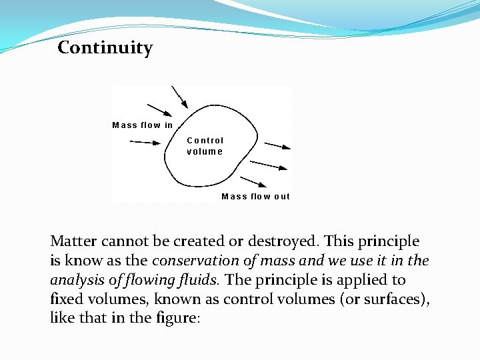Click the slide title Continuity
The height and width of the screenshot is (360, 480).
click(x=105, y=48)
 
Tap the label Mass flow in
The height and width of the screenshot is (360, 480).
click(x=142, y=125)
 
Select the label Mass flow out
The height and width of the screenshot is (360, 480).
click(x=255, y=197)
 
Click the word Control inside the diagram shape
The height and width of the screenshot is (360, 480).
click(x=205, y=141)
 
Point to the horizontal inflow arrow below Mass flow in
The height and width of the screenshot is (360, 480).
click(x=145, y=142)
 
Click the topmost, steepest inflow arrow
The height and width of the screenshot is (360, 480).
click(x=179, y=96)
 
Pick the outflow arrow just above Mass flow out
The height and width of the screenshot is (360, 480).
click(x=254, y=183)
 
